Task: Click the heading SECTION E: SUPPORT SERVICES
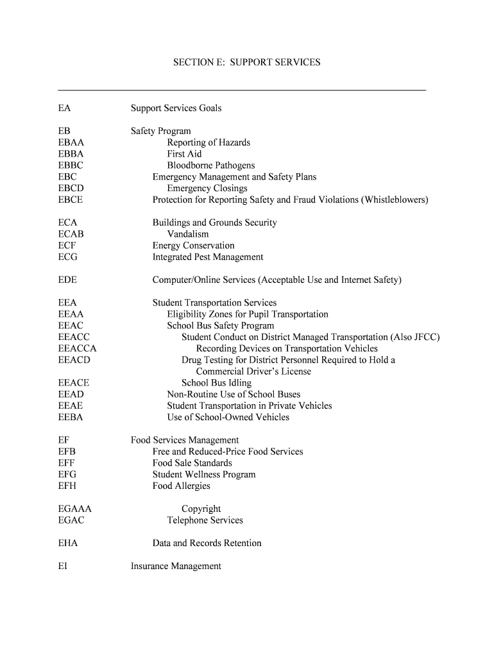coord(246,62)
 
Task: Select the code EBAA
coord(71,142)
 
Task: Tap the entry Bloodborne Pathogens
coord(210,166)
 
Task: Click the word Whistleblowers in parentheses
coord(394,200)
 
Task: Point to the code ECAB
coord(71,234)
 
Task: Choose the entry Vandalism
coord(187,234)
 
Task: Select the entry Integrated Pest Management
coord(207,257)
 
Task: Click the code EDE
coord(67,280)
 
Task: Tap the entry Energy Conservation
coord(193,246)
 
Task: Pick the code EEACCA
coord(77,348)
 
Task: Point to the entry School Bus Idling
coord(216,383)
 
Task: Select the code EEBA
coord(71,417)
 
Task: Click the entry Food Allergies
coord(181,486)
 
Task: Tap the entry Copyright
coord(201,509)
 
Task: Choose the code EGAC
coord(71,520)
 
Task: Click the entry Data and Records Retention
coord(207,543)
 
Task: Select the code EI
coord(62,566)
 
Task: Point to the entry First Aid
coord(184,154)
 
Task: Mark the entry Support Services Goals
coord(176,108)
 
